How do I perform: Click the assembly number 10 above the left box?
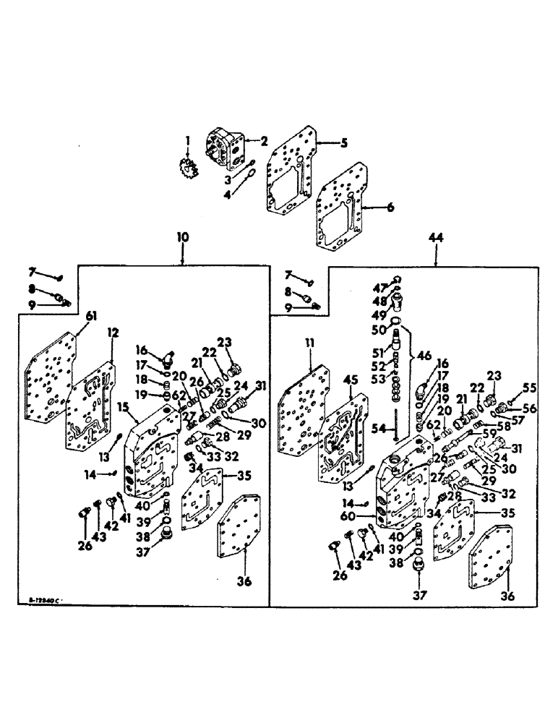click(x=183, y=237)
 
